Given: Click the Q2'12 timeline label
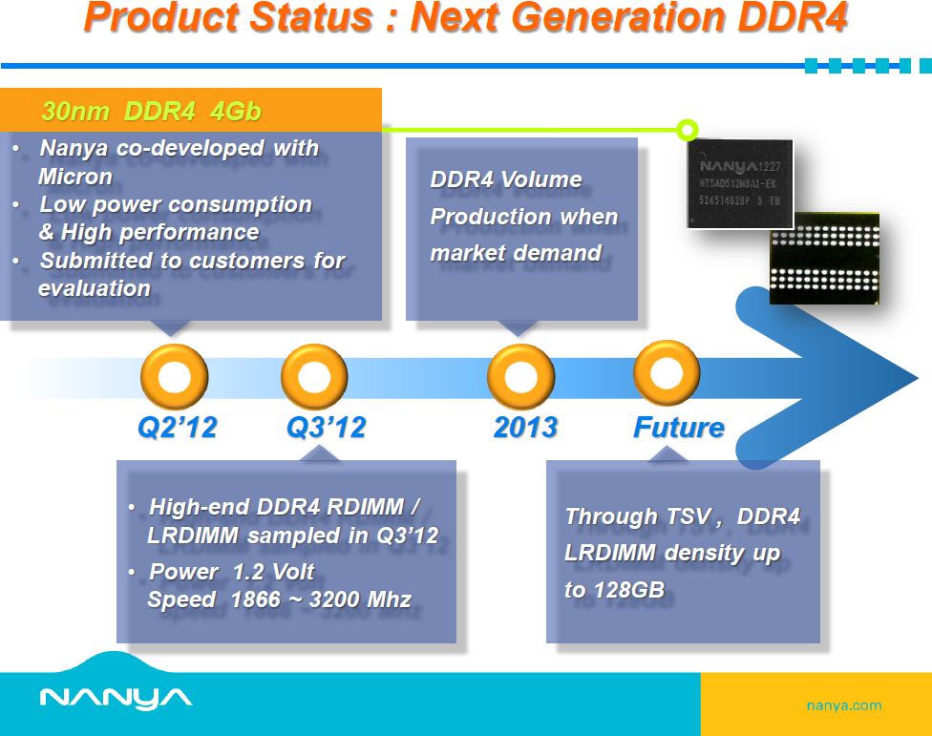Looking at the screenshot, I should pos(178,427).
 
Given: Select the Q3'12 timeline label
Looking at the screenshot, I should pos(327,427).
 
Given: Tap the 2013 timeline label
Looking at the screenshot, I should pos(525,427).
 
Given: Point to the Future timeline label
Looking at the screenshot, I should pos(679,427).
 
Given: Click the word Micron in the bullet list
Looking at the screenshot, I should pos(75,177).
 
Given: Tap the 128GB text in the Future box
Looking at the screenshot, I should pos(628,590).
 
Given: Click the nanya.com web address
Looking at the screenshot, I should pos(844,706).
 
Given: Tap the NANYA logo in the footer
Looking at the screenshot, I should pos(116,698).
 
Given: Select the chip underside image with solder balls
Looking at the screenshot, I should pos(824,258).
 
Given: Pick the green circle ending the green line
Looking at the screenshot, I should pos(687,129).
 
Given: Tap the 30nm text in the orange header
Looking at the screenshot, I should pos(77,112).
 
